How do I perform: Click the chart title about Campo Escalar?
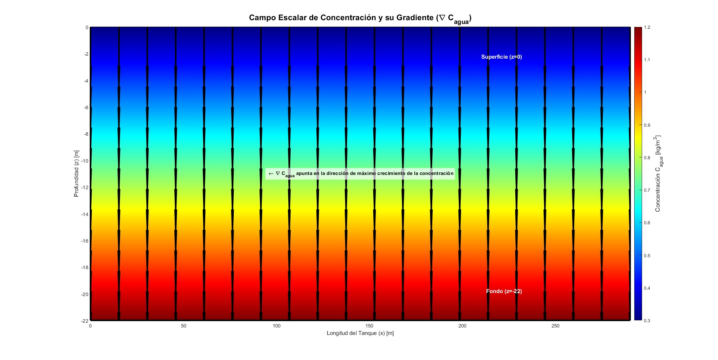[x=360, y=18]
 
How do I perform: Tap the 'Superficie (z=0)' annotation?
[x=501, y=57]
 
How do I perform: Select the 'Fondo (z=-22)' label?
[x=504, y=291]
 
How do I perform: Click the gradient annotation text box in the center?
[x=360, y=173]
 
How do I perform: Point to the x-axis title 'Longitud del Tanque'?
[x=360, y=333]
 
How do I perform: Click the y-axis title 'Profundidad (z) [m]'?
[x=76, y=173]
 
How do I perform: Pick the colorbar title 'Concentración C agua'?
[x=658, y=173]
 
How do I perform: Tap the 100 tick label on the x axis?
[x=276, y=326]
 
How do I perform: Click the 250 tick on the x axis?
[x=555, y=326]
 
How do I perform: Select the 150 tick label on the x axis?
[x=369, y=326]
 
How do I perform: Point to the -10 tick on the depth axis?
[x=85, y=161]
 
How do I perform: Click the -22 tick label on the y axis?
[x=85, y=321]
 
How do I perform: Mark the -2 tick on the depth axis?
[x=86, y=54]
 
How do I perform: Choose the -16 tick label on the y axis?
[x=85, y=241]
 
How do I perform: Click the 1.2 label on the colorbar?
[x=647, y=27]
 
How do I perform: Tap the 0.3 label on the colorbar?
[x=647, y=321]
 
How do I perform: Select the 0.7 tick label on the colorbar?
[x=647, y=190]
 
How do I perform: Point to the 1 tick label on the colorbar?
[x=645, y=92]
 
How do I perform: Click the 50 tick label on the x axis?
[x=183, y=326]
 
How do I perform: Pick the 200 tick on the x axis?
[x=462, y=326]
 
